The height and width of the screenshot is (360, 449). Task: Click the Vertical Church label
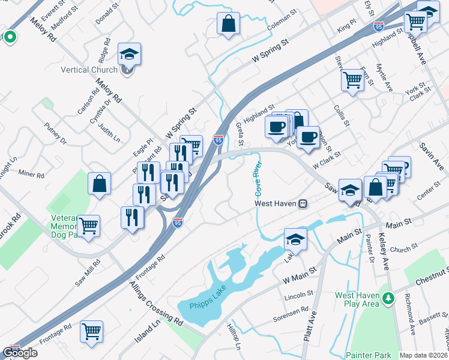tap(89, 70)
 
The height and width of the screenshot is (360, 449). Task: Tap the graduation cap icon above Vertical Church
tap(129, 55)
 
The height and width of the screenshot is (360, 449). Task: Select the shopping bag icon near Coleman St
tap(229, 25)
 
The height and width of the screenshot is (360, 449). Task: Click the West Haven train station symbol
tap(304, 203)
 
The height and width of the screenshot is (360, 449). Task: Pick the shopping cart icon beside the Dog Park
tap(88, 226)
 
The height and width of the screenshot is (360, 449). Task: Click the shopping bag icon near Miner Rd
tap(99, 185)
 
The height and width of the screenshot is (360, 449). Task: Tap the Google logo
tap(20, 353)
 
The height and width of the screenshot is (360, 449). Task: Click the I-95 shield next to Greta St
tap(219, 140)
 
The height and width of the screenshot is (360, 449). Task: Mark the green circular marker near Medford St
tap(10, 37)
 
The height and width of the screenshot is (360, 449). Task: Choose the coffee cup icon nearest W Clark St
tap(308, 137)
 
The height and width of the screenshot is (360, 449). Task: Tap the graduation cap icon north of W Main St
tap(295, 239)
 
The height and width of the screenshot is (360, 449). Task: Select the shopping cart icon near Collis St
tap(352, 80)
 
